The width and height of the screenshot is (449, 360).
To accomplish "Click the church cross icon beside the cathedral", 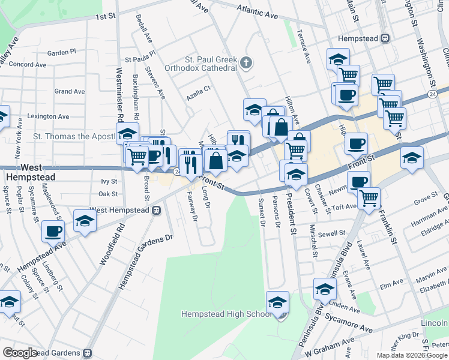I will [x=246, y=62].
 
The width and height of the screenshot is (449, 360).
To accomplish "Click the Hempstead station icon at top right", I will [x=385, y=38].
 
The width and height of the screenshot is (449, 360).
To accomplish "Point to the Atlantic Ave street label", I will [x=262, y=10].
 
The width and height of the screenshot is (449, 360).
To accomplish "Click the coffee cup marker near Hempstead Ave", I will [x=53, y=230].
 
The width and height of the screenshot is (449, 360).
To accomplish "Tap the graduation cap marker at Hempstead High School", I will [x=278, y=302].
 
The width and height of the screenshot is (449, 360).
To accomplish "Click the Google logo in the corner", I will [x=20, y=353].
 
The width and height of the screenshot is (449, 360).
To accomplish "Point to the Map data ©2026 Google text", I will [x=412, y=355].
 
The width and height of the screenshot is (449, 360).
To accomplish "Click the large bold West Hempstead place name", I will [x=30, y=172].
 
